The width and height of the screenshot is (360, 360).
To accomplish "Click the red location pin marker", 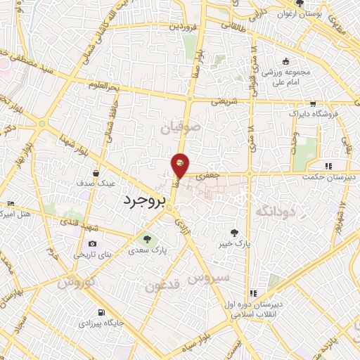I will [x=180, y=165].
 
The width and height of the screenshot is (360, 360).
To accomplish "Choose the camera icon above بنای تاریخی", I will [x=91, y=243].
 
